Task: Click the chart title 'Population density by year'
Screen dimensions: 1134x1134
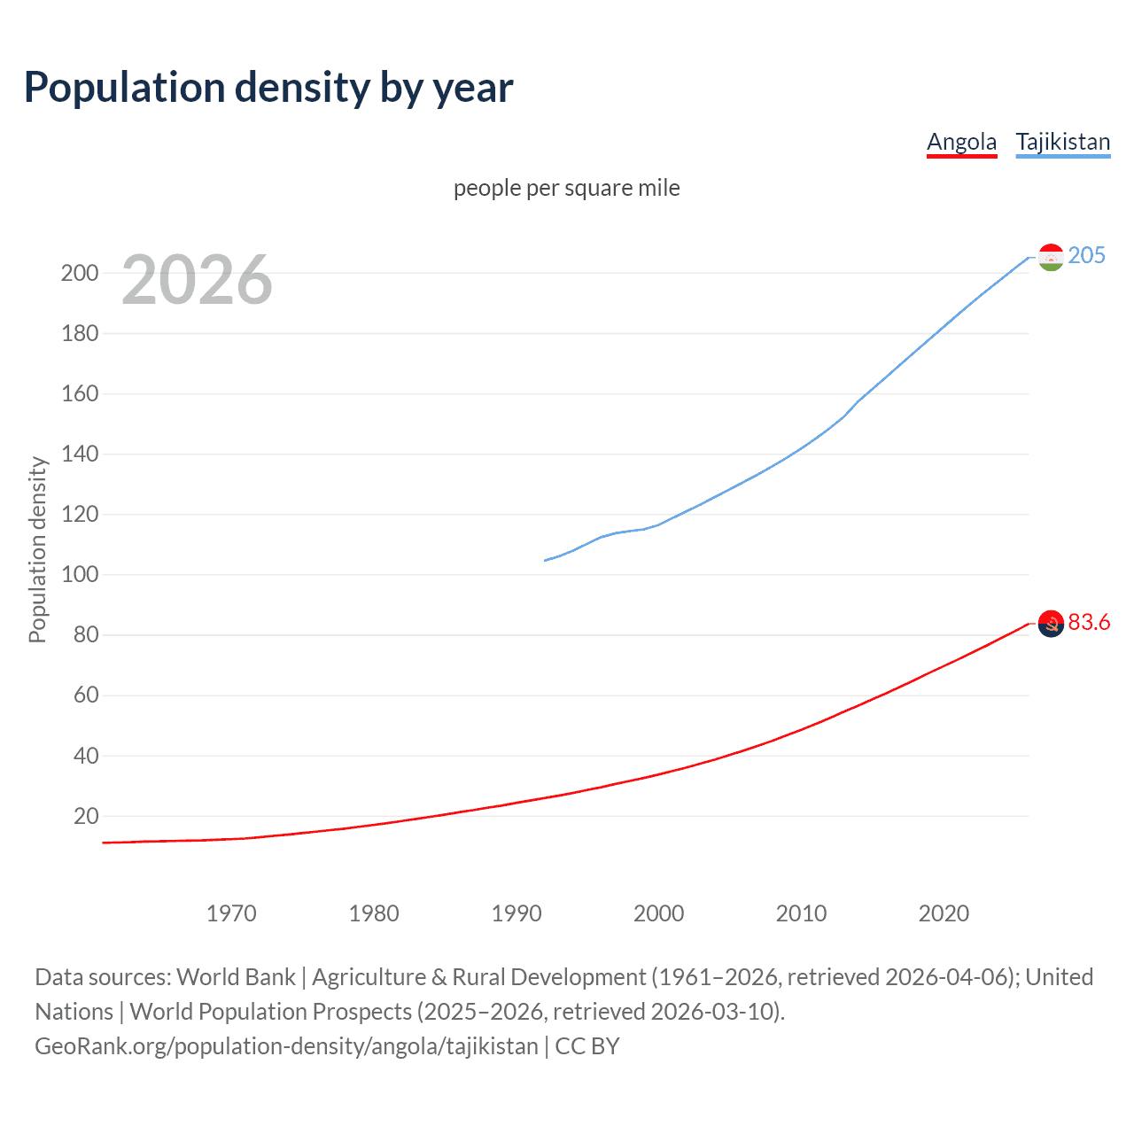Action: click(268, 87)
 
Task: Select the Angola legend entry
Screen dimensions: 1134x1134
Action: click(961, 142)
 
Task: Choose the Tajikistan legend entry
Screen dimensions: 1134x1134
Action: click(1062, 142)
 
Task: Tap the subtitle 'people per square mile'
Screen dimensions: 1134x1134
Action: click(566, 188)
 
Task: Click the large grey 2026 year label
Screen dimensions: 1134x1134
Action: click(197, 280)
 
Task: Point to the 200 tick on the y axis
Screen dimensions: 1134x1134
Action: click(79, 273)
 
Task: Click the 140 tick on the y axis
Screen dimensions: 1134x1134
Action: click(79, 454)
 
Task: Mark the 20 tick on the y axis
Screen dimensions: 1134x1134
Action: click(86, 816)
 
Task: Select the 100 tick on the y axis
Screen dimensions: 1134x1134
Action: click(79, 575)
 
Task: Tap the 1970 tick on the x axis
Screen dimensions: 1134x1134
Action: click(231, 913)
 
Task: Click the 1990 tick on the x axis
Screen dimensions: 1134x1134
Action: click(517, 913)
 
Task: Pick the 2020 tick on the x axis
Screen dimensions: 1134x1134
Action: click(944, 913)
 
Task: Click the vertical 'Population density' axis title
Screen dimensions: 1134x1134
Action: click(37, 549)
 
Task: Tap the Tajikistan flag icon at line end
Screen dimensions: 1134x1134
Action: click(1051, 257)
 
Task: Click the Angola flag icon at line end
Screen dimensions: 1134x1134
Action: click(1051, 624)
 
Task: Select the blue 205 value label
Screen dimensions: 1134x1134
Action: click(1086, 255)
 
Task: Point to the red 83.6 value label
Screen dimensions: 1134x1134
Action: click(1089, 622)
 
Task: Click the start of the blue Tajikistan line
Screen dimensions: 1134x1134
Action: click(545, 560)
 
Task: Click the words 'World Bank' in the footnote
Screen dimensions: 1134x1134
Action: click(236, 976)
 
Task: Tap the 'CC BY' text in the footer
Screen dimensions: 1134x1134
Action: click(586, 1045)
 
